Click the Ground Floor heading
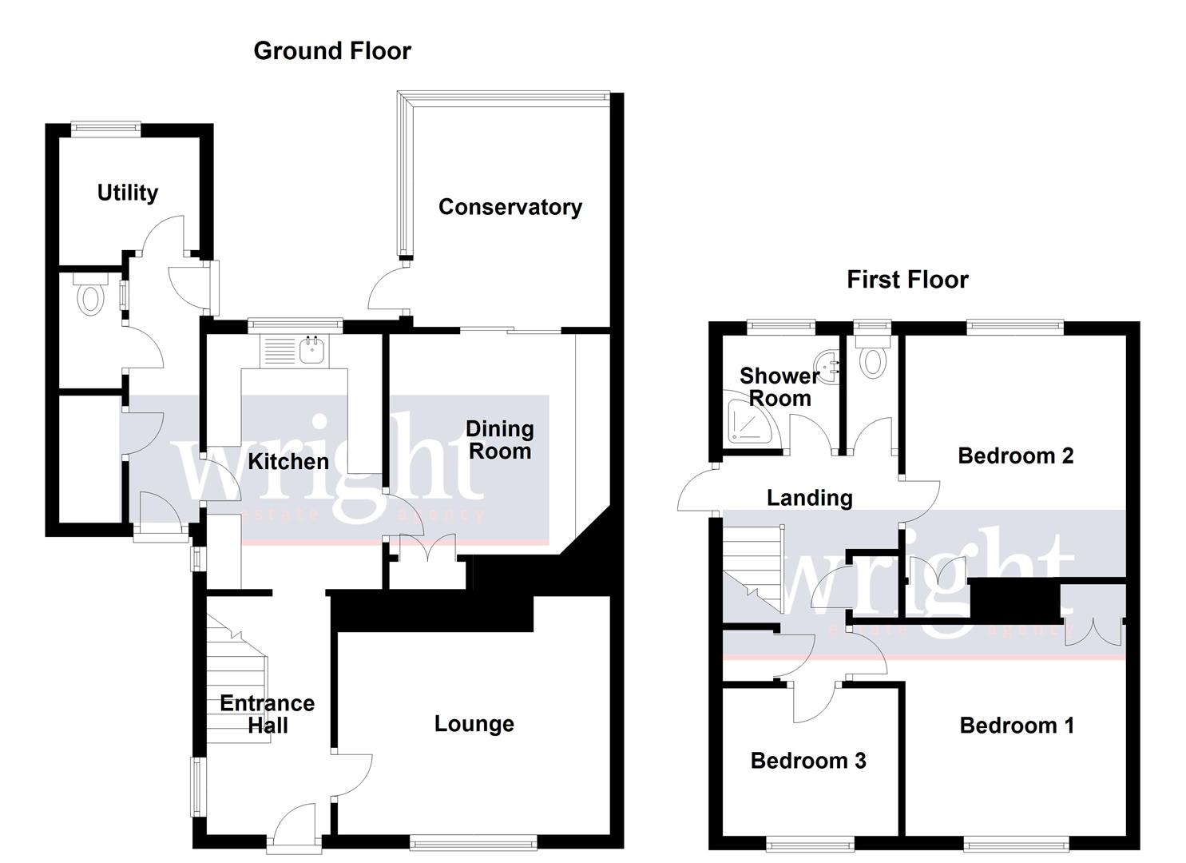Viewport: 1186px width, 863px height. coord(332,51)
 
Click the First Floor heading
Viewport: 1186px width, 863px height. coord(907,280)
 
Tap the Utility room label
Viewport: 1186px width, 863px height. coord(128,193)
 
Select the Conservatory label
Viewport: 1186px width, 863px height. coord(510,207)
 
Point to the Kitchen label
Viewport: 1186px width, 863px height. coord(288,461)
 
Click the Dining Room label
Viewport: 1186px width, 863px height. coord(500,440)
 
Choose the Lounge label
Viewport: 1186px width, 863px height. coord(474,724)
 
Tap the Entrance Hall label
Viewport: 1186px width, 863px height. coord(268,714)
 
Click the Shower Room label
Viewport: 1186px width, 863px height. coord(779,387)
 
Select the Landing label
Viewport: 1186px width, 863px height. coord(810,498)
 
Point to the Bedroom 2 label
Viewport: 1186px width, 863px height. coord(1016,455)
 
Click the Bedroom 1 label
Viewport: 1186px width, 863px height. coord(1017,726)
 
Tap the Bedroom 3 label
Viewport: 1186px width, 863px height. coord(808,761)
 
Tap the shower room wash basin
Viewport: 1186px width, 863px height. coord(830,367)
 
